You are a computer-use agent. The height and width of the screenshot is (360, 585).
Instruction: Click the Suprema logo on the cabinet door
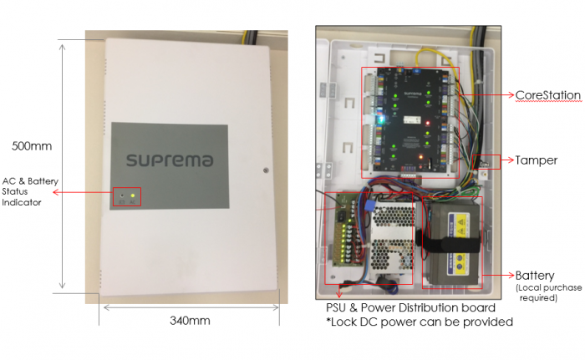click(169, 159)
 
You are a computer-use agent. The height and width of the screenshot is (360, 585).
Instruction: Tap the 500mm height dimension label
click(32, 145)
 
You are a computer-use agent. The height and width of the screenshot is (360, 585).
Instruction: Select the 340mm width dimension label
click(190, 321)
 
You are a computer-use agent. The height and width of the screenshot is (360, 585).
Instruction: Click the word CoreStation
click(547, 95)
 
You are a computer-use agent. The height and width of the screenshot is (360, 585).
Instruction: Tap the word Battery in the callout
click(534, 276)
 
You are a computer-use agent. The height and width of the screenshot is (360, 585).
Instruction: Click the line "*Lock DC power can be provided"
click(419, 322)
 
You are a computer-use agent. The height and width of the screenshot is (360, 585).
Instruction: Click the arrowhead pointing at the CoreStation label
click(510, 96)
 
